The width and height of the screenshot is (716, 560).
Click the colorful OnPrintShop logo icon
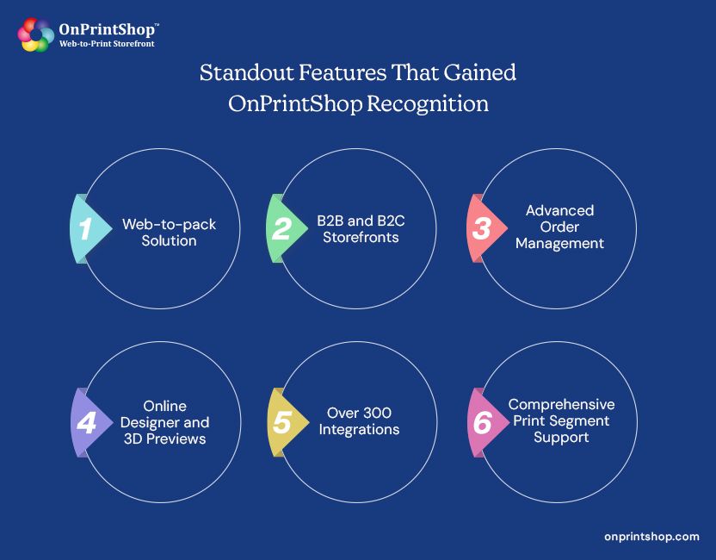36,34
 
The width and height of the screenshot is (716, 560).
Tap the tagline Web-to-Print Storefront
107,43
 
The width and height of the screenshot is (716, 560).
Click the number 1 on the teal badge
84,228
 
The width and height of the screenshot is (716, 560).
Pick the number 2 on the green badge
281,228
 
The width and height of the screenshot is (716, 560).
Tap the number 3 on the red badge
480,228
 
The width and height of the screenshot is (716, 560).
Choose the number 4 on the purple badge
86,422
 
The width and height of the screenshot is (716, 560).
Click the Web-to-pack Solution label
169,233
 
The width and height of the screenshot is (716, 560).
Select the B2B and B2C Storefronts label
361,228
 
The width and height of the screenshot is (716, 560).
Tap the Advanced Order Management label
560,227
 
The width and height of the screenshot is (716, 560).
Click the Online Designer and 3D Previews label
164,422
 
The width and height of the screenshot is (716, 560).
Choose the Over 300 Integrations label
360,420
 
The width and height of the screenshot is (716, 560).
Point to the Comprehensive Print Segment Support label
561,420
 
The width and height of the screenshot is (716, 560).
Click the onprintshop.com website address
651,536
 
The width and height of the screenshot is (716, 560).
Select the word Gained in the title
478,73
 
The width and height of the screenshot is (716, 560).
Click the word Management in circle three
560,243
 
